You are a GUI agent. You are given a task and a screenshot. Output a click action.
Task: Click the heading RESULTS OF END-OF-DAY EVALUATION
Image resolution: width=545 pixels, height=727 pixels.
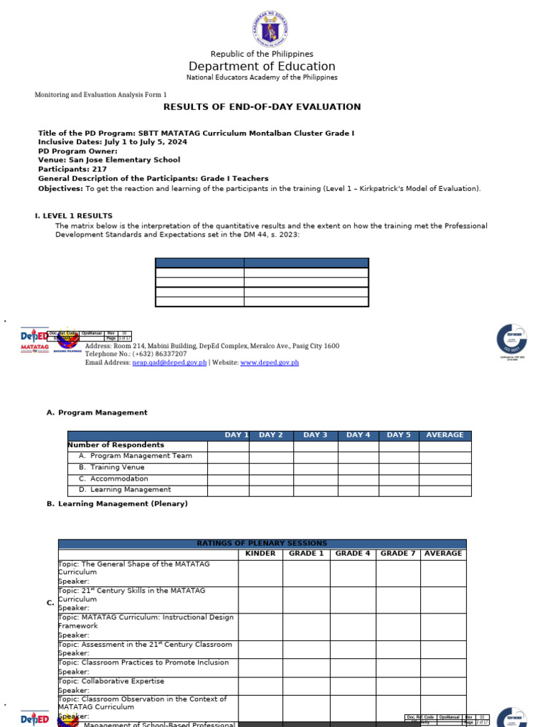click(262, 107)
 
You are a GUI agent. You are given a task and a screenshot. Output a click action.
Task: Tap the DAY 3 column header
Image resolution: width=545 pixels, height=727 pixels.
click(315, 435)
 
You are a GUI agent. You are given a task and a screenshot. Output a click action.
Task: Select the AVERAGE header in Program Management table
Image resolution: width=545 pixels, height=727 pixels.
click(444, 435)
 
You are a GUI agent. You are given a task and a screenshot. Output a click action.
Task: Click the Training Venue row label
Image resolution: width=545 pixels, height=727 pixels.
click(117, 467)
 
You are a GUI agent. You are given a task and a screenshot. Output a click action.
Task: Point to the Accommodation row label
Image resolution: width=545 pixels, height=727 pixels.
click(119, 479)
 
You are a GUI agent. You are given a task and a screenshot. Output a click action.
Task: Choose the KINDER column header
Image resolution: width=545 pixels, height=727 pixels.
click(260, 554)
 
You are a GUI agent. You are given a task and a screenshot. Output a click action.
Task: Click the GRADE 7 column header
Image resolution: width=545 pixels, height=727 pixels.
click(398, 554)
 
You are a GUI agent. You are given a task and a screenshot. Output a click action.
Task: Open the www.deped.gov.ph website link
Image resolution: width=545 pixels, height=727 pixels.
click(270, 363)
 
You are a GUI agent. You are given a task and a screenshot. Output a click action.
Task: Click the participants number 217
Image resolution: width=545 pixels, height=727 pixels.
click(99, 170)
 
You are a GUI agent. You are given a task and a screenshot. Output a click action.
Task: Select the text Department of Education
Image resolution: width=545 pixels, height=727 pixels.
click(262, 67)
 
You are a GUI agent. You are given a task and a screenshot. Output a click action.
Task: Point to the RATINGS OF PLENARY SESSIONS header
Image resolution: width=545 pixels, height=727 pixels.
click(262, 544)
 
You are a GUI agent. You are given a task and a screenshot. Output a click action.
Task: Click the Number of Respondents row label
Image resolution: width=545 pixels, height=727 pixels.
click(116, 445)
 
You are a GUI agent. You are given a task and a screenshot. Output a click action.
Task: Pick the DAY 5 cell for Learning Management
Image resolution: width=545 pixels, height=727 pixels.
click(399, 490)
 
